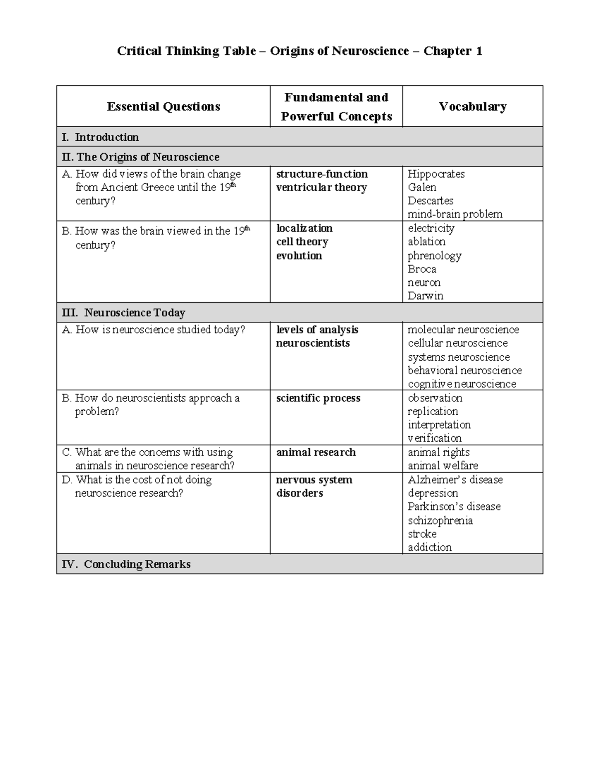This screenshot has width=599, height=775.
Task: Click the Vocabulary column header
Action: pyautogui.click(x=472, y=106)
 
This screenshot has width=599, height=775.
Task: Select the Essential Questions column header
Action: pyautogui.click(x=163, y=106)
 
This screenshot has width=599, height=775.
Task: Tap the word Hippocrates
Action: pyautogui.click(x=436, y=174)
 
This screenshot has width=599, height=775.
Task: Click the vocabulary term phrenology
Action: pyautogui.click(x=434, y=256)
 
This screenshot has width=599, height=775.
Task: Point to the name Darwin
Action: pyautogui.click(x=425, y=296)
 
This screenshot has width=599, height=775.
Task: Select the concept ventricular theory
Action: pyautogui.click(x=321, y=188)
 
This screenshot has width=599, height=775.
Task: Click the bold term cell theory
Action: pyautogui.click(x=302, y=242)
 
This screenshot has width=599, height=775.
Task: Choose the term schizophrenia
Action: pyautogui.click(x=440, y=520)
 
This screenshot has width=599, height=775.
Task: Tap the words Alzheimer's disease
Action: pyautogui.click(x=455, y=480)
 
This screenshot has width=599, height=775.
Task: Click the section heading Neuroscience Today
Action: pyautogui.click(x=134, y=313)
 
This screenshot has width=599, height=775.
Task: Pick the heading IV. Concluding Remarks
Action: pyautogui.click(x=126, y=564)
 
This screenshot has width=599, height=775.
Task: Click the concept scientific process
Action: pyautogui.click(x=318, y=398)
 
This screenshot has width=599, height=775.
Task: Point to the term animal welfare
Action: pyautogui.click(x=443, y=466)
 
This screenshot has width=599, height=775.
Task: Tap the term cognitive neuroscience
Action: pyautogui.click(x=462, y=384)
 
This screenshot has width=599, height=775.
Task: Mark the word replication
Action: pyautogui.click(x=433, y=412)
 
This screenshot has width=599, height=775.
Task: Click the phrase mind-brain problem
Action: pyautogui.click(x=455, y=214)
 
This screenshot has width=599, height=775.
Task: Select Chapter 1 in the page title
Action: pyautogui.click(x=452, y=51)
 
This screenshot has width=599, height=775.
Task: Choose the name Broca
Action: pyautogui.click(x=422, y=269)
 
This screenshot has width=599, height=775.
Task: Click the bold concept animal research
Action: pyautogui.click(x=316, y=452)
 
